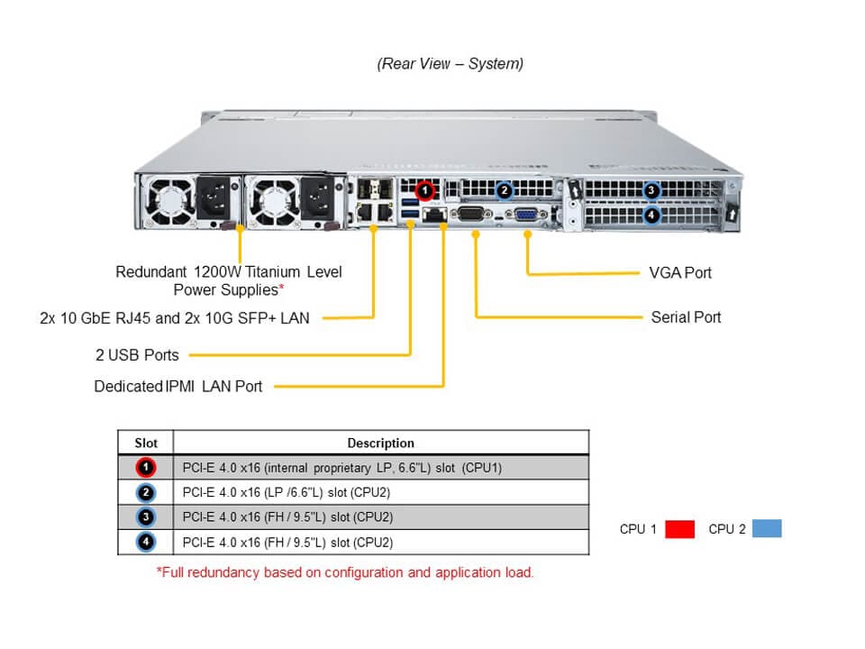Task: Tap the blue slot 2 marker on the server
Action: (505, 190)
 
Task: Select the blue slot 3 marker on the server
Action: (651, 191)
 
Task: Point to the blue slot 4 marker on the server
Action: (651, 215)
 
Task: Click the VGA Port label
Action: (680, 272)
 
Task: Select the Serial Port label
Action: (686, 317)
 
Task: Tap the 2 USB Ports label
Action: (137, 355)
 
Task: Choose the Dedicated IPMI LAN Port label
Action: (178, 387)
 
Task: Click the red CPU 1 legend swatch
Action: (679, 529)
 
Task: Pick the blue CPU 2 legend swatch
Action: (766, 529)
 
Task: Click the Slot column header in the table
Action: (146, 443)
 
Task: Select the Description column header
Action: (380, 443)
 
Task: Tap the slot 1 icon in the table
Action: (146, 468)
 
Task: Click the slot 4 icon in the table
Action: (146, 543)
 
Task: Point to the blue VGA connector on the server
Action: (526, 215)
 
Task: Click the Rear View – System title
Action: (450, 64)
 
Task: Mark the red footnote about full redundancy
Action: (345, 572)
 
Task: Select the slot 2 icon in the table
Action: (146, 493)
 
